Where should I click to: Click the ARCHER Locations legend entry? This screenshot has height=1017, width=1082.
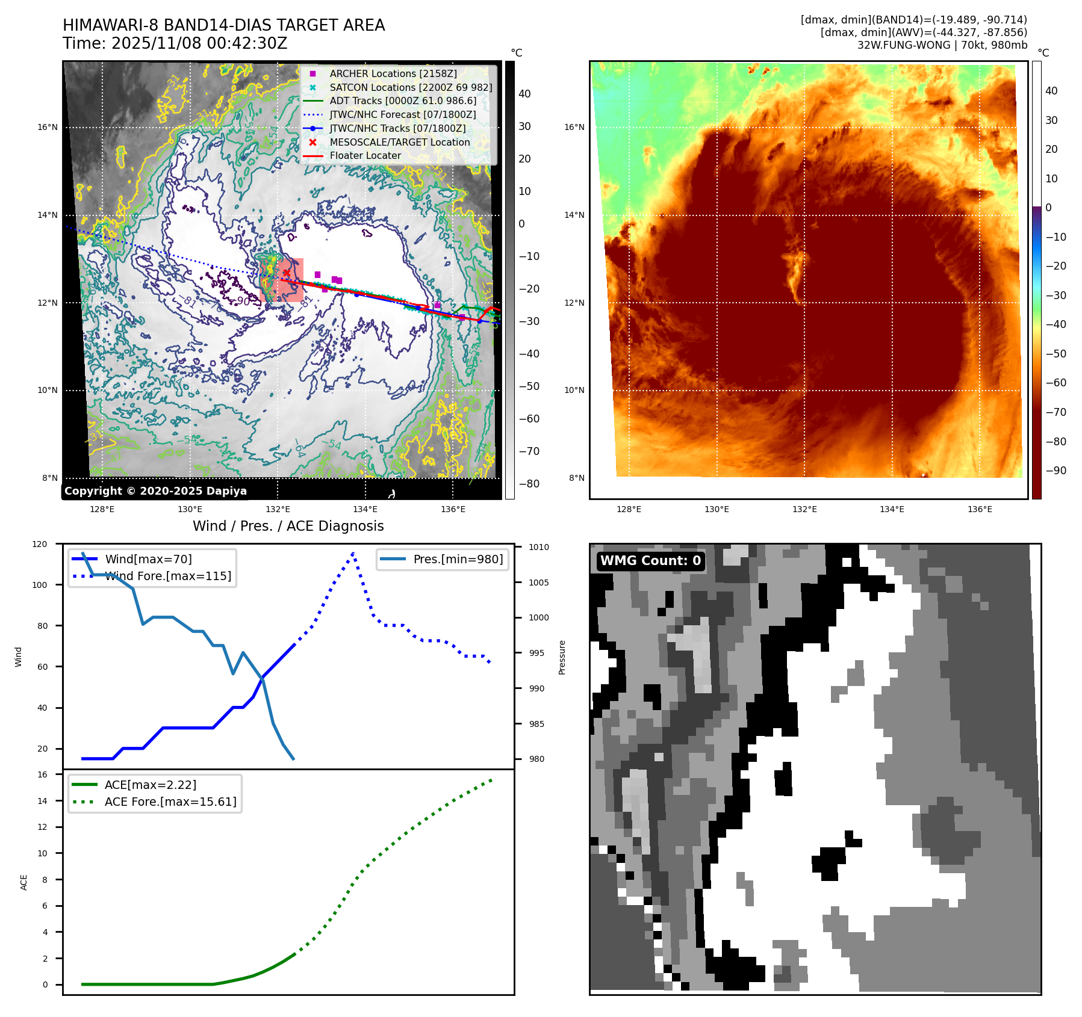pos(393,73)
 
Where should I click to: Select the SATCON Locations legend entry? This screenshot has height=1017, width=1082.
pos(411,87)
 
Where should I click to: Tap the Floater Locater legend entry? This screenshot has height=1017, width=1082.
pos(365,155)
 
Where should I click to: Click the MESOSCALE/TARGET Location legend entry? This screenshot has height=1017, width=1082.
pos(399,142)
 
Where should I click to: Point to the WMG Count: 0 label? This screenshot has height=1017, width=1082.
pos(650,561)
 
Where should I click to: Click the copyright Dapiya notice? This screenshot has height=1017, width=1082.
pos(155,491)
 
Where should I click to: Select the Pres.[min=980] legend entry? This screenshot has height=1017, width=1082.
pos(458,559)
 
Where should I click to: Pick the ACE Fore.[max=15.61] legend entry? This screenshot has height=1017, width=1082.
pos(170,802)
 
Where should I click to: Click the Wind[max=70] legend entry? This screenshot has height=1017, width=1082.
pos(148,559)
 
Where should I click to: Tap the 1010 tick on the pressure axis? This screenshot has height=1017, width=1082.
pos(539,547)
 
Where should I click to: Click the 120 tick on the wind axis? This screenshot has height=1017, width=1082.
pos(40,544)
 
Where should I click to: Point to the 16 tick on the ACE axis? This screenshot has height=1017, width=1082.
pos(43,774)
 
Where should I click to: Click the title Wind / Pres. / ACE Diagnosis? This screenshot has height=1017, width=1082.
pos(288,526)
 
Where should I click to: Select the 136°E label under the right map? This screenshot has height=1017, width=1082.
pos(980,509)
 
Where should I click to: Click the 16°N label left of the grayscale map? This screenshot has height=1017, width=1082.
pos(48,127)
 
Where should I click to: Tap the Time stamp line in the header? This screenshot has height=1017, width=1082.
pos(175,43)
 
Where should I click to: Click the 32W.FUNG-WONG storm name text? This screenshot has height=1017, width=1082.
pos(903,45)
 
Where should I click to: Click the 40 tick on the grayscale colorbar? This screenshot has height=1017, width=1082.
pos(524,93)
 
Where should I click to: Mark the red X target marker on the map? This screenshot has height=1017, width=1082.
pos(287,273)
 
